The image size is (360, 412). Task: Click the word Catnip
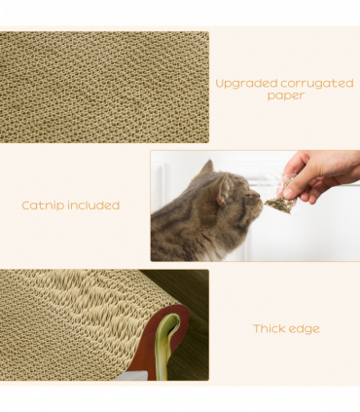[44, 206]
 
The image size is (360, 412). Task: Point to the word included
[94, 206]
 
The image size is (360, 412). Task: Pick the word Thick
[270, 328]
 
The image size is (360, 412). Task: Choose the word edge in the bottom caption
[306, 329]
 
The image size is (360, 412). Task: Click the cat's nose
[259, 200]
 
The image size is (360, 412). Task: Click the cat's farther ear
[206, 168]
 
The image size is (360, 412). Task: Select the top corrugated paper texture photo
[104, 87]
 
